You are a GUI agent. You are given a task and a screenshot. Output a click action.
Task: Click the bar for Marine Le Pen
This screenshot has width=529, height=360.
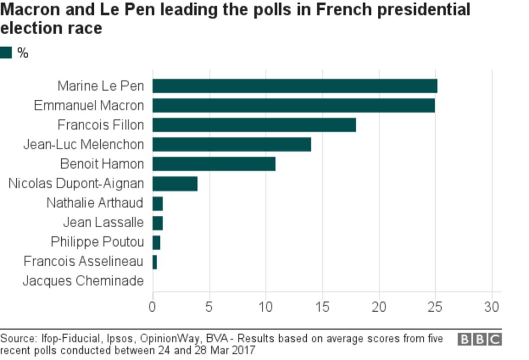point(294,86)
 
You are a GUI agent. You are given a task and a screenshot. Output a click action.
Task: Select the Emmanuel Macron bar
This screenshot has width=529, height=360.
point(293,106)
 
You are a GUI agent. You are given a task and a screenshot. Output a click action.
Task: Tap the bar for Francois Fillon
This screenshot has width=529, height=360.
point(254,125)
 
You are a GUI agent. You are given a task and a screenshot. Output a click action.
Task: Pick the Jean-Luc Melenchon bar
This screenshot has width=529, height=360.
point(231,145)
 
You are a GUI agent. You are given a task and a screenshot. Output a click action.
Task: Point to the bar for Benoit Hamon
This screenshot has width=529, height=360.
point(214,164)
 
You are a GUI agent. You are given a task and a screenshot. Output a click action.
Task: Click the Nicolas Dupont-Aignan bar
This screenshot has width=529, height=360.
point(175,184)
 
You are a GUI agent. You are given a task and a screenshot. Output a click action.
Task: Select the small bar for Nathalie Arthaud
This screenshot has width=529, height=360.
point(157,203)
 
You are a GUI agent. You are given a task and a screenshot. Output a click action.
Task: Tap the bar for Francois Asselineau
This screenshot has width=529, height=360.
point(154,262)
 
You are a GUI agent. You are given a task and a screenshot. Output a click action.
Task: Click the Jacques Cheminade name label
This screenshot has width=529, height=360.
point(83,281)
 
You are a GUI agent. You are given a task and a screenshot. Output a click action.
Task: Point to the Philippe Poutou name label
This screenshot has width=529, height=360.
point(97,242)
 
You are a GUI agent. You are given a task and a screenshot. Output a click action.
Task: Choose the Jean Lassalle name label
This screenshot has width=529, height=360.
point(103,222)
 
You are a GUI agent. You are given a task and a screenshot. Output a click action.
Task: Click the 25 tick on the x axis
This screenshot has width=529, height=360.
point(435,307)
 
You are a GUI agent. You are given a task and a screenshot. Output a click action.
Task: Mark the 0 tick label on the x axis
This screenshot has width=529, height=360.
point(152,307)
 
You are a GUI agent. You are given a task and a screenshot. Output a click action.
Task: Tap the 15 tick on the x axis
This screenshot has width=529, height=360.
point(322,307)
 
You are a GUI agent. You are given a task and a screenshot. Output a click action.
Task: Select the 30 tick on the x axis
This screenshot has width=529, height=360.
point(492,307)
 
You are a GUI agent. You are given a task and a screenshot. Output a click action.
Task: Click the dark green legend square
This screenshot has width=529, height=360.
point(6,53)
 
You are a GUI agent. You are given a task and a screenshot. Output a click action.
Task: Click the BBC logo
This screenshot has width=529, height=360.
point(480,340)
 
